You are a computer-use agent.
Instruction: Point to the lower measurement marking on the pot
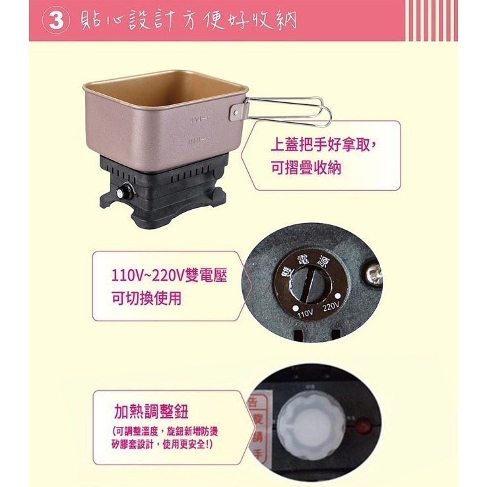coord(197,140)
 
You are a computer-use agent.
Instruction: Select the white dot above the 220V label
coord(338,295)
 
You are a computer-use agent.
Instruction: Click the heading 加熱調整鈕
coord(150,412)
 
